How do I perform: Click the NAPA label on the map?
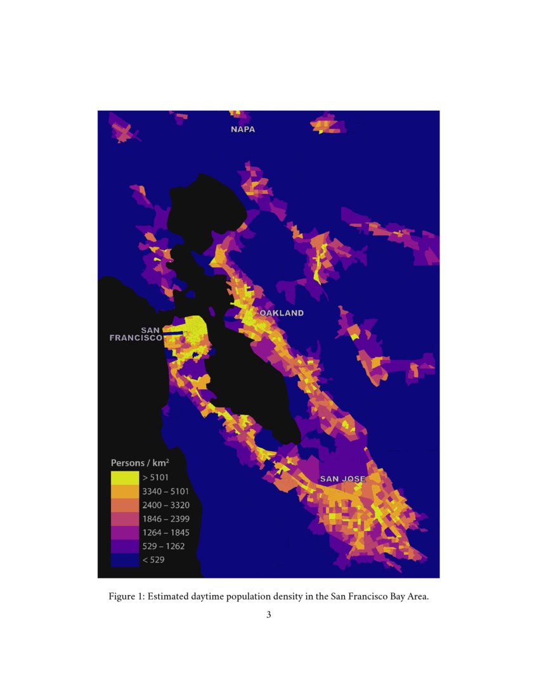point(243,129)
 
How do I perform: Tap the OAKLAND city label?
point(282,313)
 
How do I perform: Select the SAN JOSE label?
point(343,478)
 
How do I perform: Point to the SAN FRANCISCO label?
point(136,334)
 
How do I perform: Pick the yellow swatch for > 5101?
point(124,477)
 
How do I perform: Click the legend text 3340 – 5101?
point(166,491)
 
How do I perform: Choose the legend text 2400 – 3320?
point(166,505)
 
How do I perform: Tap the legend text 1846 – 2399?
point(166,518)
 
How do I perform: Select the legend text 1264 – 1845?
point(166,532)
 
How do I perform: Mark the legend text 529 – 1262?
point(163,546)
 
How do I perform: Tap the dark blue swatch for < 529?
point(124,560)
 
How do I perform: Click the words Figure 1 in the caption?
point(126,597)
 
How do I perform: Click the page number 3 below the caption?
point(269,614)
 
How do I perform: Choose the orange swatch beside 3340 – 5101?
point(124,491)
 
